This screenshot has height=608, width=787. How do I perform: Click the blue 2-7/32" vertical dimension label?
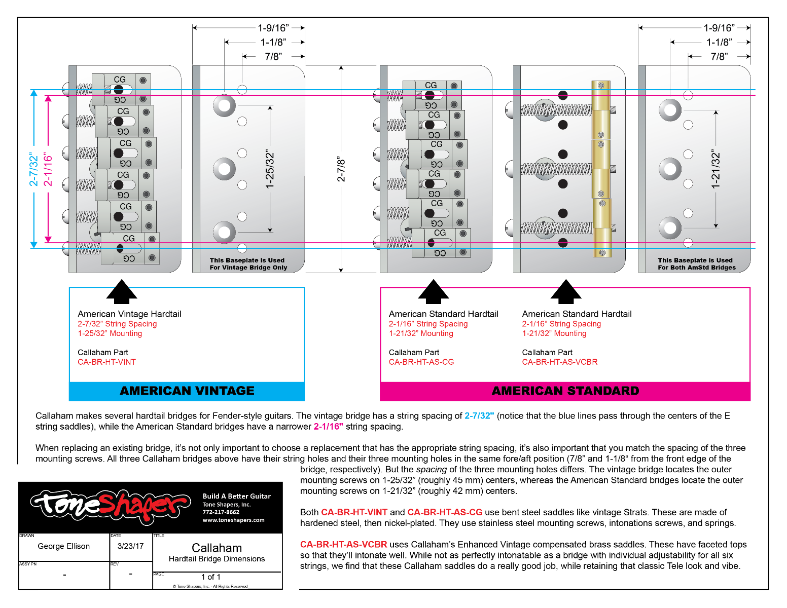click(33, 169)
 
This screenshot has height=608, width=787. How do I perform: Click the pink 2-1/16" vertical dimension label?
click(48, 169)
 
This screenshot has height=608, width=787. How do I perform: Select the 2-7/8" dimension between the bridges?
click(341, 169)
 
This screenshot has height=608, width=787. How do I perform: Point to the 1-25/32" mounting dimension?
click(270, 170)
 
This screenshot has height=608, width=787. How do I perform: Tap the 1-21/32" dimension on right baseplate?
click(716, 170)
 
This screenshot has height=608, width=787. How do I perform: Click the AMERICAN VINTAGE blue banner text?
click(187, 391)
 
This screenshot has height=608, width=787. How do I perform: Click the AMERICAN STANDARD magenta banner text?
click(565, 391)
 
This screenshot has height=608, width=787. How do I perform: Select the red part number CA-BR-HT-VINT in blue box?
click(106, 362)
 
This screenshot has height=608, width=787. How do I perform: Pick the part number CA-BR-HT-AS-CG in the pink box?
click(421, 362)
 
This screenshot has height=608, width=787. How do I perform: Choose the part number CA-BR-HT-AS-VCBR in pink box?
click(559, 362)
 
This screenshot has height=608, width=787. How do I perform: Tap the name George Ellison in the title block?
click(63, 546)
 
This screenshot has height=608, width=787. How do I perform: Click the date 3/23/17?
click(130, 546)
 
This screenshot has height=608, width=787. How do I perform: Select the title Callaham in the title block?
click(217, 548)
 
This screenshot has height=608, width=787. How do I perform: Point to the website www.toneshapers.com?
click(233, 520)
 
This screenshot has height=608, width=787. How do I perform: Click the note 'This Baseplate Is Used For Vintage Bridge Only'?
click(248, 263)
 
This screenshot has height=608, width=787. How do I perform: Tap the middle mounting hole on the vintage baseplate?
click(224, 169)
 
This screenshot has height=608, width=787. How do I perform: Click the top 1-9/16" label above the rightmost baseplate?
click(719, 28)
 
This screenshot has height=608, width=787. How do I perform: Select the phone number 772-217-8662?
click(221, 512)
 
